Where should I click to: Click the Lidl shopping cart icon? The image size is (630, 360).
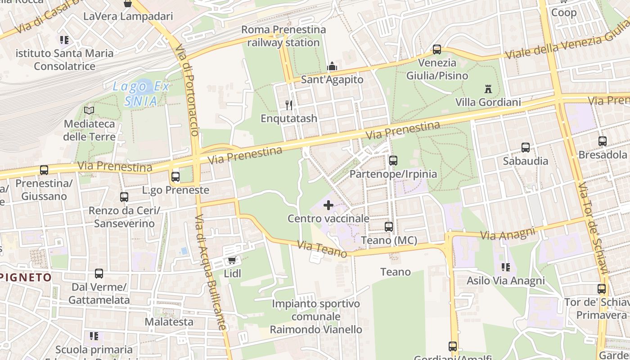pos(232,261)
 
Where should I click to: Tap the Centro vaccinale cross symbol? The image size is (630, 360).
pos(328,206)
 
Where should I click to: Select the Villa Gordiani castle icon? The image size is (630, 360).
pos(488,89)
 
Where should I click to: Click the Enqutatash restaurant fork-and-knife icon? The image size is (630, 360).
pos(289,105)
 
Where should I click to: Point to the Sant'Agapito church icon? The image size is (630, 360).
pos(332,67)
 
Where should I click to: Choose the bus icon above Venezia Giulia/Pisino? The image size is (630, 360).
pos(437,49)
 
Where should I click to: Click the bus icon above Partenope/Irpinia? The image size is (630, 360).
pos(393,161)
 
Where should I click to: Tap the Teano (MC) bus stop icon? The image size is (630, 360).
pos(389,227)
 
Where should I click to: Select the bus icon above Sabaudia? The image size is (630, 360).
pos(526,148)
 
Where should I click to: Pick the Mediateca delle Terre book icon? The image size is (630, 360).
pos(89,110)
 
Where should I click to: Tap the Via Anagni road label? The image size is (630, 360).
pos(508,233)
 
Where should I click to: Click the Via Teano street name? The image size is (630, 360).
pos(322,249)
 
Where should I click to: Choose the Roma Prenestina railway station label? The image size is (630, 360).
pos(283,36)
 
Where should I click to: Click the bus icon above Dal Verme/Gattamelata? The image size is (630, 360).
pos(99,274)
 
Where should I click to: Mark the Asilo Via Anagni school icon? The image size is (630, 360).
pos(506,268)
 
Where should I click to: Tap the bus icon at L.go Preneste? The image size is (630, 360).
pos(175,177)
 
